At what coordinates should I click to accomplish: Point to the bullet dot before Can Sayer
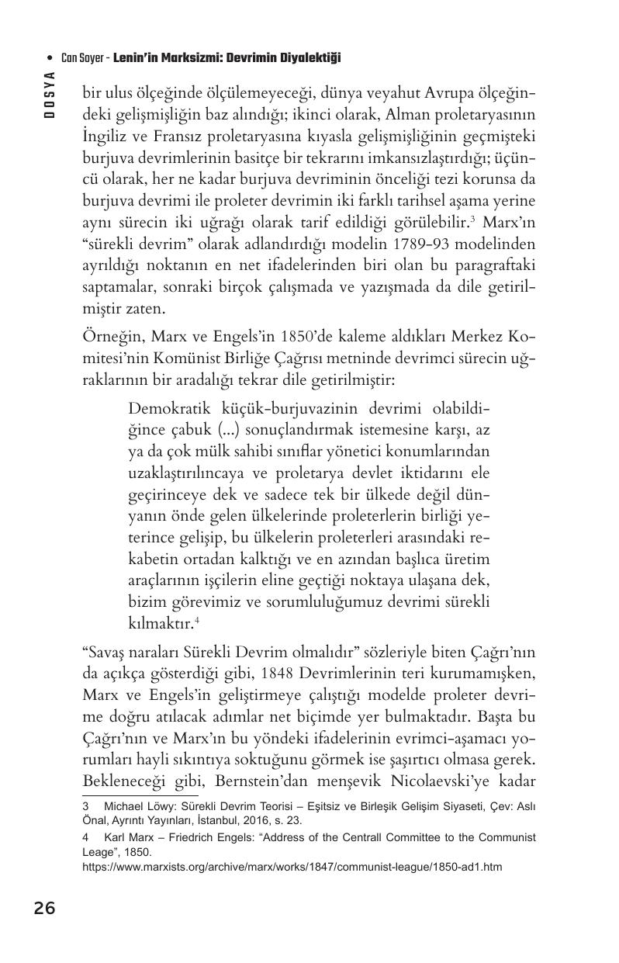(x=50, y=58)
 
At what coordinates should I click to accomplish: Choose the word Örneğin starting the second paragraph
(x=109, y=338)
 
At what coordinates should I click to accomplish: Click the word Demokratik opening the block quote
(x=170, y=408)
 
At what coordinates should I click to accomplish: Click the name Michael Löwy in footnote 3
(x=139, y=806)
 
